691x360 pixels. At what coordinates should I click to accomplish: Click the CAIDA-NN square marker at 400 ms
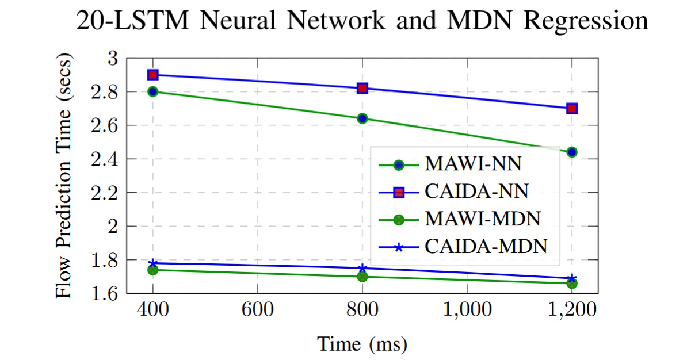(152, 75)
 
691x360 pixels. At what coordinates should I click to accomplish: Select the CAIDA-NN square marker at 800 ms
(362, 88)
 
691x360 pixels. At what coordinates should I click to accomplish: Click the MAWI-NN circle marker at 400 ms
(152, 91)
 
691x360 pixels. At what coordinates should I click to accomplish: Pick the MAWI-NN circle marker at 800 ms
(362, 118)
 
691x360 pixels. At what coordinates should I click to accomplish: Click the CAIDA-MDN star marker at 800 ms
(362, 268)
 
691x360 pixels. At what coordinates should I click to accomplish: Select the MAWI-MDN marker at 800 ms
(362, 277)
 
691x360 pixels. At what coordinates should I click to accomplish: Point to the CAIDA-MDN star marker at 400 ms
(152, 263)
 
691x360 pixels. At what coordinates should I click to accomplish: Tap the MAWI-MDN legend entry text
(482, 219)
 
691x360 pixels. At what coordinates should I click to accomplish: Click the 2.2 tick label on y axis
(105, 193)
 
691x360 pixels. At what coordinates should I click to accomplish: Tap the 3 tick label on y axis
(113, 58)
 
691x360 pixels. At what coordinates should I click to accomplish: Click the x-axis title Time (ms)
(362, 344)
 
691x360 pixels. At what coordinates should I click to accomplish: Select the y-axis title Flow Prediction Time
(65, 176)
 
